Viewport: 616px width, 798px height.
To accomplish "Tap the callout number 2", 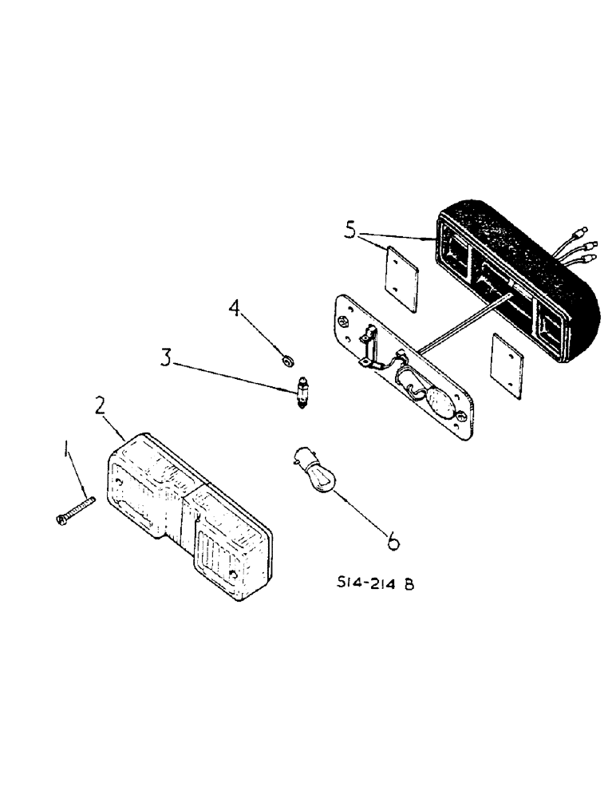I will coord(100,406).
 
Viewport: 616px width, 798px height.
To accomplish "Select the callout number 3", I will coord(166,357).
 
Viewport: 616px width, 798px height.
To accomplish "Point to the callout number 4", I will coord(235,308).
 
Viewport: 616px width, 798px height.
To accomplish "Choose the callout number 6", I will coord(393,542).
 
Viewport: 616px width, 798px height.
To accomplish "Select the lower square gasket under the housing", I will coord(507,362).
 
